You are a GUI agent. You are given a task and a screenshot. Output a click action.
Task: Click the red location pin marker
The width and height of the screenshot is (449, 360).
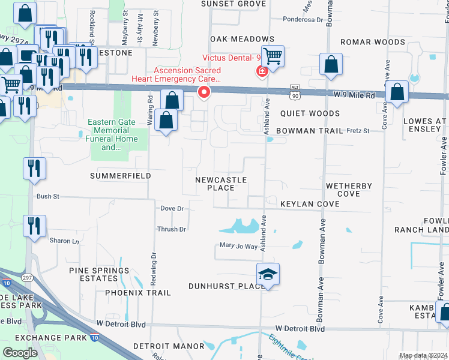click(204, 92)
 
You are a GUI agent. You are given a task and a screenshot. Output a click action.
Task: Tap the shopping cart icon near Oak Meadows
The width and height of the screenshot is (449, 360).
click(273, 56)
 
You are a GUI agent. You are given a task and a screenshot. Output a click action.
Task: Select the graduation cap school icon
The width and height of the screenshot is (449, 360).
click(268, 275)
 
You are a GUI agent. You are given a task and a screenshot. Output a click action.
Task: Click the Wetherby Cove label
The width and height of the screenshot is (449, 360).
click(349, 190)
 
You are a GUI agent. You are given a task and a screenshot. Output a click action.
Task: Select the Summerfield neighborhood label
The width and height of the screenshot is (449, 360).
click(120, 176)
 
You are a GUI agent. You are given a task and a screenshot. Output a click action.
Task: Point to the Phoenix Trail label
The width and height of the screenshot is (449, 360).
click(138, 293)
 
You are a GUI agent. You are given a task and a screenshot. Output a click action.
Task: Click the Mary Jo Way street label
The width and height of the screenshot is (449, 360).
click(238, 246)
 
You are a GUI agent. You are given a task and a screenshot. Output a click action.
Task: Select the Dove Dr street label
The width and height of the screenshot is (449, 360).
click(172, 208)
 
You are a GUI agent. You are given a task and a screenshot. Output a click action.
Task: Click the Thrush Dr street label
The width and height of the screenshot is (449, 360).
click(171, 229)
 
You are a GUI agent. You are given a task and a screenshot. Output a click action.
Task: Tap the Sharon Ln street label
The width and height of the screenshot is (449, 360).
click(64, 241)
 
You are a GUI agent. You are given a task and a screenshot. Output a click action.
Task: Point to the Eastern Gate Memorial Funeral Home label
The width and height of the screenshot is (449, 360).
click(112, 134)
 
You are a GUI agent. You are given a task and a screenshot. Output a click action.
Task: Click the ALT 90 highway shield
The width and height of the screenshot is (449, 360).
click(294, 91)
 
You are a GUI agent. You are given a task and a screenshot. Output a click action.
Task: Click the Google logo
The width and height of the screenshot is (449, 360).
click(20, 352)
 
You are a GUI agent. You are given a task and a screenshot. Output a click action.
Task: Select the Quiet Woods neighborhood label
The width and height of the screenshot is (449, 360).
click(307, 113)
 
